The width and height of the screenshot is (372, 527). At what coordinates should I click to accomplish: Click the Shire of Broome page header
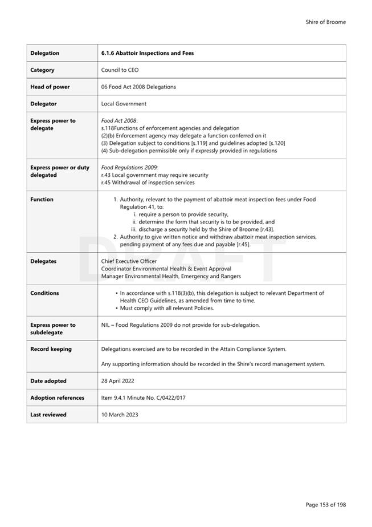[325, 22]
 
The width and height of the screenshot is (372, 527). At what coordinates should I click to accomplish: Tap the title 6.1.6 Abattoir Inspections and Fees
[147, 53]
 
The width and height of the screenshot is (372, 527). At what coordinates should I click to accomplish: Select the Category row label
[42, 70]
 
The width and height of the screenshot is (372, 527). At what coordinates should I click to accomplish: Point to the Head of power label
[50, 87]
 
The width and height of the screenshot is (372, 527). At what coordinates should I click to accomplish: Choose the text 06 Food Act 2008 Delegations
[138, 87]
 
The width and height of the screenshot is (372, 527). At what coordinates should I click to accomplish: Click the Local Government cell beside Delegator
[124, 104]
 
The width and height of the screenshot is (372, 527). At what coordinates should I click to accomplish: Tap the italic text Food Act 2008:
[119, 121]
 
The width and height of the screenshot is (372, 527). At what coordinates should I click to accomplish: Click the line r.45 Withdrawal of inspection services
[148, 183]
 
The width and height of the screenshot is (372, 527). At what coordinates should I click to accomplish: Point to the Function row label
[42, 200]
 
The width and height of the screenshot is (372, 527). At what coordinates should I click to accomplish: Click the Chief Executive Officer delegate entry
[129, 261]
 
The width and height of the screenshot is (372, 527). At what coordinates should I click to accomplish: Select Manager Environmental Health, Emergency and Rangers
[171, 276]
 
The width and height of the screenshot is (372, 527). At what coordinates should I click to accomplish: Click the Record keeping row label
[51, 349]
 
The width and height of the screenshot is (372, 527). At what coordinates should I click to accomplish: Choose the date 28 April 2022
[118, 380]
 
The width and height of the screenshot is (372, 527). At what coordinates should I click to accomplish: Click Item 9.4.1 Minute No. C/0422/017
[144, 398]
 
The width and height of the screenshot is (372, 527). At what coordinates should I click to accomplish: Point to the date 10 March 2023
[120, 415]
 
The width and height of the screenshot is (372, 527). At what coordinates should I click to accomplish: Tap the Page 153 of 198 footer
[325, 505]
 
